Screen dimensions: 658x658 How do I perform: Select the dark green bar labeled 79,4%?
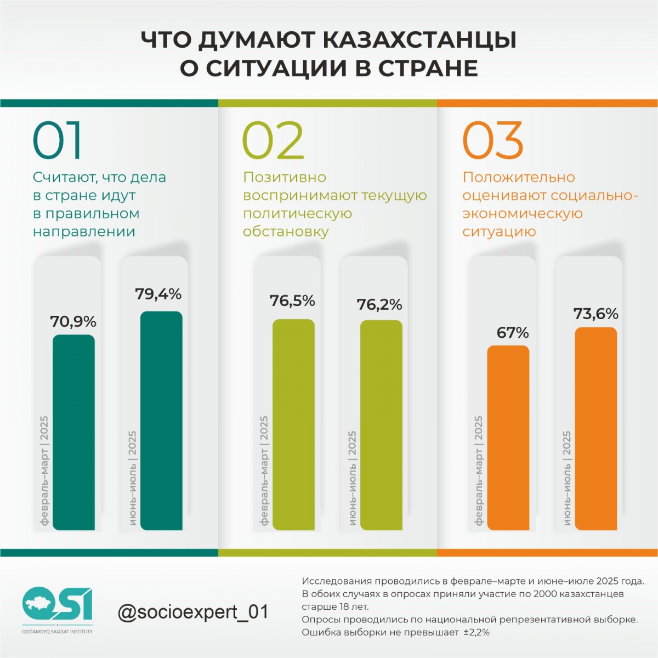(x=161, y=421)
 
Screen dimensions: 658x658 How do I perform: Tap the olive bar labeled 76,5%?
(x=293, y=424)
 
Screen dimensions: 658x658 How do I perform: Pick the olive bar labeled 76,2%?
(x=381, y=425)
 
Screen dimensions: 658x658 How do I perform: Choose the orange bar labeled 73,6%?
(x=596, y=429)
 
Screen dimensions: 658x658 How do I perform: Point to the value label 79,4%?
(x=158, y=294)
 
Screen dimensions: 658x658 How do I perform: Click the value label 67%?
(x=513, y=333)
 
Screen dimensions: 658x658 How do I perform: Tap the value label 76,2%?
(x=379, y=305)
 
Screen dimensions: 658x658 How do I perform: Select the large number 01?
(x=58, y=140)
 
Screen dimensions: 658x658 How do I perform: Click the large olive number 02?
(x=273, y=140)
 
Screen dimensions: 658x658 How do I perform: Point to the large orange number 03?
(x=493, y=140)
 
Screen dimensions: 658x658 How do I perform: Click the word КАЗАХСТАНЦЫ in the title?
(x=419, y=40)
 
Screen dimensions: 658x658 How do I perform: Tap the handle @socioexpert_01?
(x=193, y=612)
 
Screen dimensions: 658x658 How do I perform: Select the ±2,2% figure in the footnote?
(x=477, y=632)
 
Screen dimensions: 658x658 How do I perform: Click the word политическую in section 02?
(x=297, y=214)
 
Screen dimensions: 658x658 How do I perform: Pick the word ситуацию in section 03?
(x=499, y=232)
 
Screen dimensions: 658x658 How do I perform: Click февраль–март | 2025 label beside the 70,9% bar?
(x=44, y=470)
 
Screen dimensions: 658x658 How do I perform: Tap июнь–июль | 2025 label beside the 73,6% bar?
(x=567, y=478)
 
